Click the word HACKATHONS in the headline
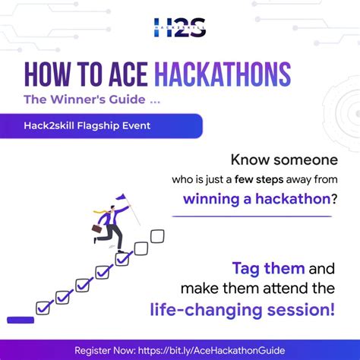(x=223, y=74)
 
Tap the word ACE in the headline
(x=126, y=74)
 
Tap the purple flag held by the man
(x=121, y=198)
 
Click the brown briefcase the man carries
(x=97, y=227)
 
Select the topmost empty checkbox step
(x=157, y=236)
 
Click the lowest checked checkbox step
(x=45, y=308)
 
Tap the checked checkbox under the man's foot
(x=122, y=259)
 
